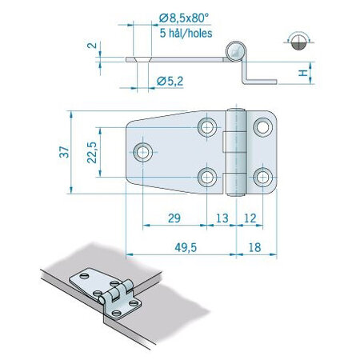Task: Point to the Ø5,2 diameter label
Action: tap(171, 79)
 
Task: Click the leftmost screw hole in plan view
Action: tap(144, 150)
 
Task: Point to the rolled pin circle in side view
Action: tap(234, 50)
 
